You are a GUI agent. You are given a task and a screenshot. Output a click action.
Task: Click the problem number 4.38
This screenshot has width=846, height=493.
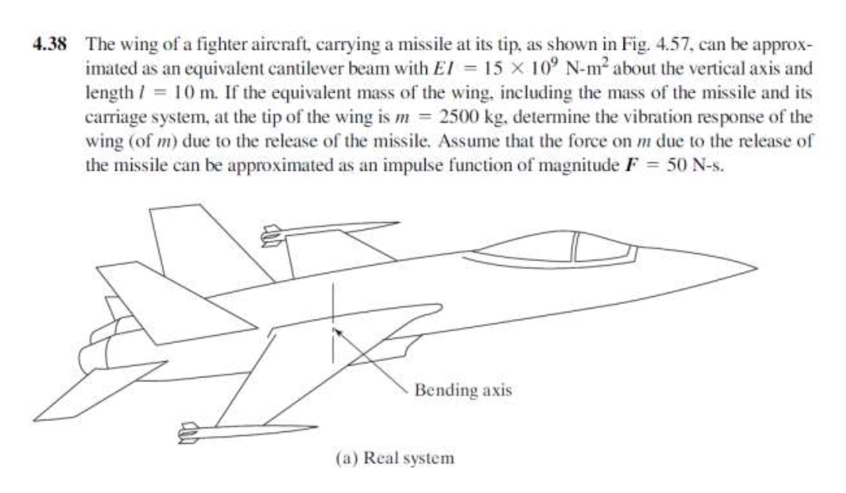coord(50,45)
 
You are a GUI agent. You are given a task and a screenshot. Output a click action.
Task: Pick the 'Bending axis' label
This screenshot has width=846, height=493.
coord(463,390)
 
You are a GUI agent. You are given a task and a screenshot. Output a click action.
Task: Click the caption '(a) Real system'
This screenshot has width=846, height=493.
coord(395,458)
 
